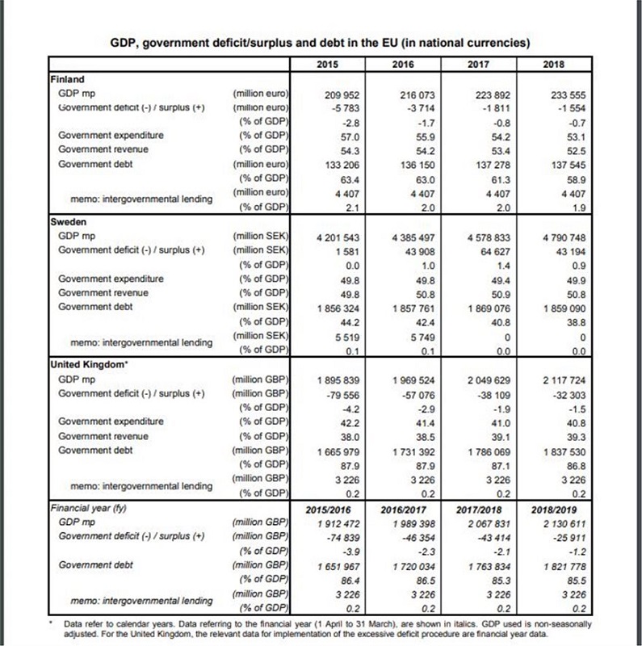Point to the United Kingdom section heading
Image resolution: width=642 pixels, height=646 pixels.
pos(88,363)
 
